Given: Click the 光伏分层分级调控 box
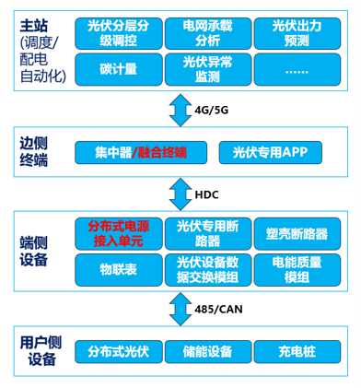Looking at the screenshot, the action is click(119, 33).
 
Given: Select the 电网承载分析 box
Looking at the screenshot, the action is click(208, 33).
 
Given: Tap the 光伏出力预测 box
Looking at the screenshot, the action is click(297, 33).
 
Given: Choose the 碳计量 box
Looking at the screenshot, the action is click(119, 69).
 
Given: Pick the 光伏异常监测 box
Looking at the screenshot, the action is click(208, 69).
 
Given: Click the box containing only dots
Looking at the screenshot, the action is click(297, 69).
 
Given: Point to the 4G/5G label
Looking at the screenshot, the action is click(212, 110).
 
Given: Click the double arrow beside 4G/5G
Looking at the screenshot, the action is click(180, 110).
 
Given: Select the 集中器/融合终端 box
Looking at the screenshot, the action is click(141, 152).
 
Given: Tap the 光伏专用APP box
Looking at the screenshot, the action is click(271, 152).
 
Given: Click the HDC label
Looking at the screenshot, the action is click(206, 194).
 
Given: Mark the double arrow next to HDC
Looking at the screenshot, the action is click(180, 194).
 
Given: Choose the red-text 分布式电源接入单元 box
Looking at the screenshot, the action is click(119, 234).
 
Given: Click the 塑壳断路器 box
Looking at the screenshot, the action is click(297, 234).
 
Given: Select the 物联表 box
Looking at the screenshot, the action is click(119, 270).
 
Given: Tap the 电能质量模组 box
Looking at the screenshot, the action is click(297, 270).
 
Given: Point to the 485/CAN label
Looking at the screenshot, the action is click(218, 309).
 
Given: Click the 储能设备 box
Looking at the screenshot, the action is click(208, 351).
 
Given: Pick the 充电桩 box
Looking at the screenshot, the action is click(297, 351).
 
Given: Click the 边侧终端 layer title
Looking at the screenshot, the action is click(34, 151).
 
